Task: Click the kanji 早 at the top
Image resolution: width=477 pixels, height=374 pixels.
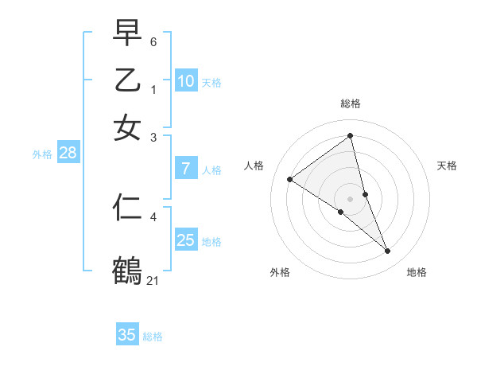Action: tap(127, 33)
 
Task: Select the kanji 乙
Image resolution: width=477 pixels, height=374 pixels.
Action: tap(127, 81)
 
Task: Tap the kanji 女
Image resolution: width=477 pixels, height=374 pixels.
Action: tap(127, 128)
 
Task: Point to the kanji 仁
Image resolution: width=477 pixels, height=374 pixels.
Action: tap(127, 208)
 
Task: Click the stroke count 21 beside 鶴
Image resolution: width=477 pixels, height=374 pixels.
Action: tap(153, 279)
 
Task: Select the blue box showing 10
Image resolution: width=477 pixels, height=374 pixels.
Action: tap(186, 81)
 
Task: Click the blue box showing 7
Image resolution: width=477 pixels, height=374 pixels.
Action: tap(186, 169)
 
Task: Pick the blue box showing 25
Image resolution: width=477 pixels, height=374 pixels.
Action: tap(186, 240)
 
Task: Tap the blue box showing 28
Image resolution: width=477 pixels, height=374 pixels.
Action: tap(68, 154)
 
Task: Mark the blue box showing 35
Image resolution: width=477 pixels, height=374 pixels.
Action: tap(127, 335)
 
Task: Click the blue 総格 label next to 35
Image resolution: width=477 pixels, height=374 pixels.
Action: tap(153, 337)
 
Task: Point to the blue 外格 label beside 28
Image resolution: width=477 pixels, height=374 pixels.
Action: tap(42, 155)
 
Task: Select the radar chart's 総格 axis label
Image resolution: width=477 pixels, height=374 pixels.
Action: tap(351, 103)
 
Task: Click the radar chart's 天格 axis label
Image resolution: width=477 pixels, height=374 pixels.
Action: tap(448, 166)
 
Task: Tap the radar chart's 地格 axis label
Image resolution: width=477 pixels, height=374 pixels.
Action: tap(417, 272)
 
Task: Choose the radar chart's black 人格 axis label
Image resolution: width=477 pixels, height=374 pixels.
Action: tap(254, 166)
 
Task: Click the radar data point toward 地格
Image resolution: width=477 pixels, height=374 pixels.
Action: tap(388, 251)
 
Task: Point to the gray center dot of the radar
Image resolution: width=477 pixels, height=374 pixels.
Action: tap(351, 198)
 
